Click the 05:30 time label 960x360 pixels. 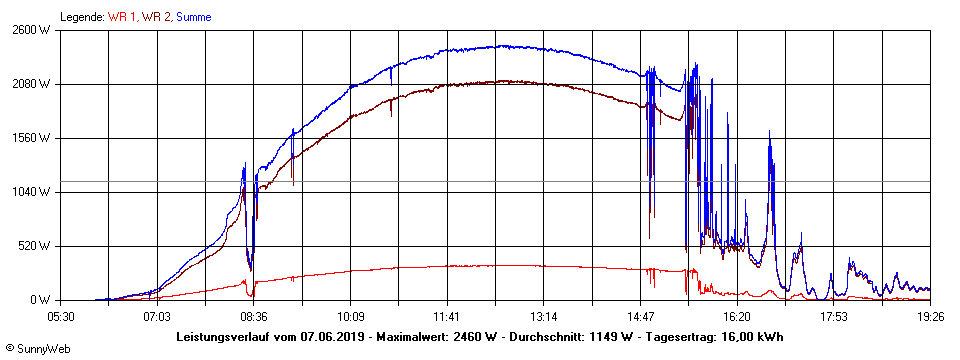61,316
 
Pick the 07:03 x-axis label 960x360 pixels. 157,316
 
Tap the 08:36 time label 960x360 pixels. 254,316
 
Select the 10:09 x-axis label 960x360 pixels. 351,316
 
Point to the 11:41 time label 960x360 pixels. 447,316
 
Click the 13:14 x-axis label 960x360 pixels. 544,316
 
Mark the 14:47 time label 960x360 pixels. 641,316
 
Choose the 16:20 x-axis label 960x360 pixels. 737,316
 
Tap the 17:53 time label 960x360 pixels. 834,316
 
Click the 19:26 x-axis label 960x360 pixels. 930,316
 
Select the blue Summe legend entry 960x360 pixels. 194,17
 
